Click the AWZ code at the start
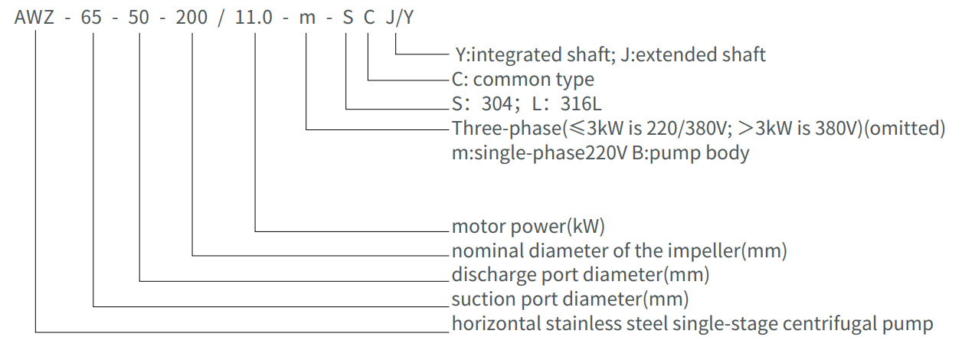(34, 17)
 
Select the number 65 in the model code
(90, 17)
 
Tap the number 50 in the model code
(139, 17)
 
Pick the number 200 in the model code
(191, 17)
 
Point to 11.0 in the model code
(254, 17)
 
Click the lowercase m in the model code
(307, 17)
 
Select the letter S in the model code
(348, 17)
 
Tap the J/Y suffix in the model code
(400, 17)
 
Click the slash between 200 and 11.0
(221, 17)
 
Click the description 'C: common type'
(523, 80)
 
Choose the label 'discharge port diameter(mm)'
(580, 274)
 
